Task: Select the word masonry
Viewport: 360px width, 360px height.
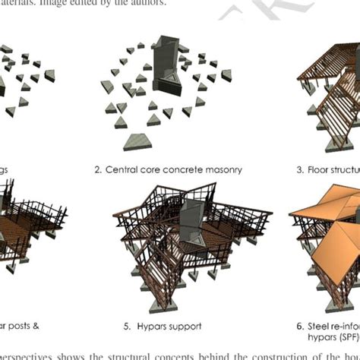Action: point(222,169)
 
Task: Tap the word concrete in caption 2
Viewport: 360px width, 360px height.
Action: point(178,169)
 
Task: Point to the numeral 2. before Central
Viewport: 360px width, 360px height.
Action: point(99,169)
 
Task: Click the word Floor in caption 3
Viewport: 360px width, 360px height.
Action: point(317,169)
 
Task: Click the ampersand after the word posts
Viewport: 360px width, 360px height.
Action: point(34,326)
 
